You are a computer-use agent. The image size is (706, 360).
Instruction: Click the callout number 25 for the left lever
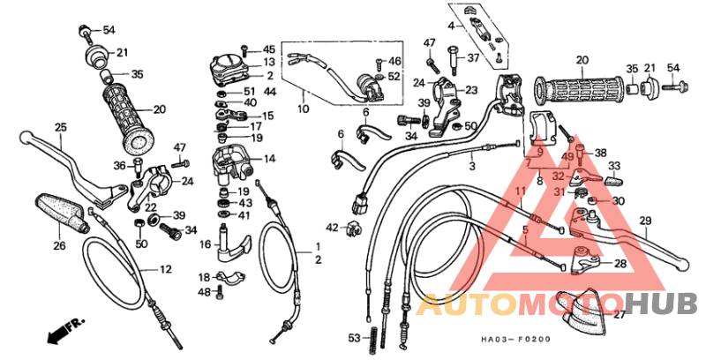[61, 128]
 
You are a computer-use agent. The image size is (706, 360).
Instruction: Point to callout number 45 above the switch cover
[268, 49]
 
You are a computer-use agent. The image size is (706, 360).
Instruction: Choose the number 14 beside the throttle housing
[268, 160]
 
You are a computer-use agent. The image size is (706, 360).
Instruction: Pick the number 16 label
[205, 244]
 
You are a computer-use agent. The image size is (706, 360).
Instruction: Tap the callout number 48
[204, 292]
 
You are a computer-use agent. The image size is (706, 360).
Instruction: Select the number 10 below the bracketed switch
[303, 110]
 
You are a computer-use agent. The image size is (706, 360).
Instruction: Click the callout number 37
[473, 59]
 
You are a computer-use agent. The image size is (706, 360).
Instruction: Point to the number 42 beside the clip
[332, 228]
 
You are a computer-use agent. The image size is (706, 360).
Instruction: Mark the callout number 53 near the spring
[354, 339]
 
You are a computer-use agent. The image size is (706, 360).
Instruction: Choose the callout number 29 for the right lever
[645, 221]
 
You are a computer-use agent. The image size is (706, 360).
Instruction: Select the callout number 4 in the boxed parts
[451, 26]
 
